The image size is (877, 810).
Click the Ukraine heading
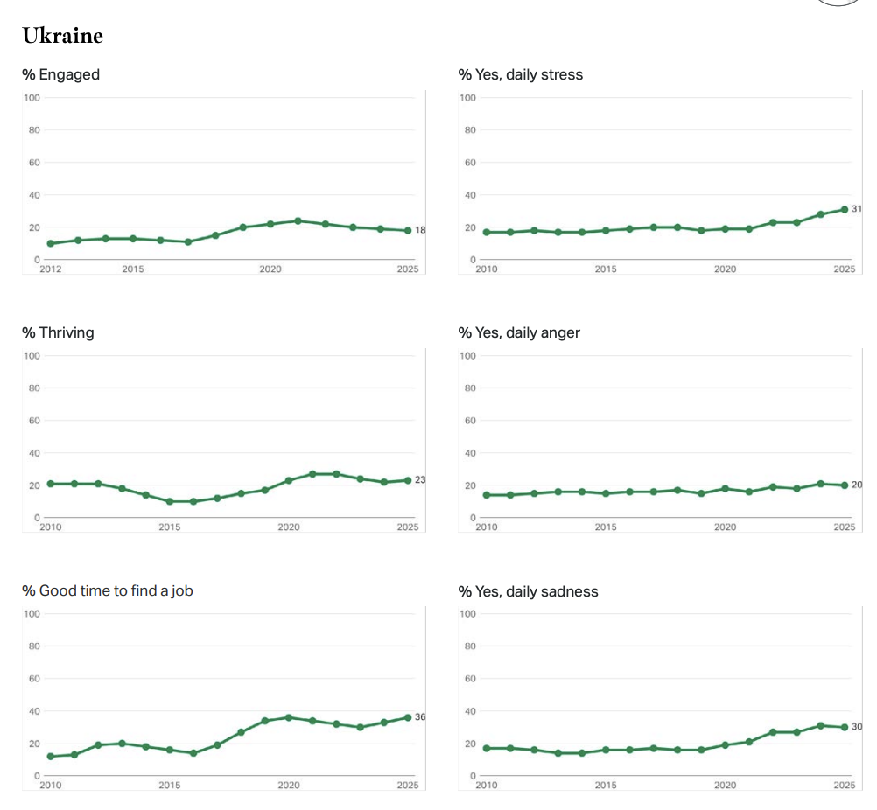(x=62, y=36)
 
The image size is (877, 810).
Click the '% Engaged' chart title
(x=60, y=74)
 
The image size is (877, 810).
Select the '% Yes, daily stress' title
(x=520, y=74)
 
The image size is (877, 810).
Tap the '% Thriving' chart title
(x=58, y=332)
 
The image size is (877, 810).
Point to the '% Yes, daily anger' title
(x=519, y=332)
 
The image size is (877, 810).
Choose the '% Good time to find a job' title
(x=107, y=590)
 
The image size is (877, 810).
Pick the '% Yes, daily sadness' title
(x=528, y=591)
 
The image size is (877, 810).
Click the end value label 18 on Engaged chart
(x=420, y=230)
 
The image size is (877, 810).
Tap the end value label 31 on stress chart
(x=857, y=208)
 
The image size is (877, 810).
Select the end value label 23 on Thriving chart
(x=420, y=480)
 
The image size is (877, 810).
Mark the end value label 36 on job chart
(x=420, y=717)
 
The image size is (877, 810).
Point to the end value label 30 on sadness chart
(x=857, y=727)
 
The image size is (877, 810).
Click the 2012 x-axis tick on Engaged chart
(x=51, y=269)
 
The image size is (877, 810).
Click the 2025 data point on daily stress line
(x=845, y=209)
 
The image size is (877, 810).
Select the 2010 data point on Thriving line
(x=50, y=484)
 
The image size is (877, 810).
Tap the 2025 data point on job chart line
(x=408, y=717)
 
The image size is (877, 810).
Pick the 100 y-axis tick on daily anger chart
(x=467, y=355)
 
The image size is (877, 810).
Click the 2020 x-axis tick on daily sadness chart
(x=725, y=786)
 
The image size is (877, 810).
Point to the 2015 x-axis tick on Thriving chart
(x=169, y=527)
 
